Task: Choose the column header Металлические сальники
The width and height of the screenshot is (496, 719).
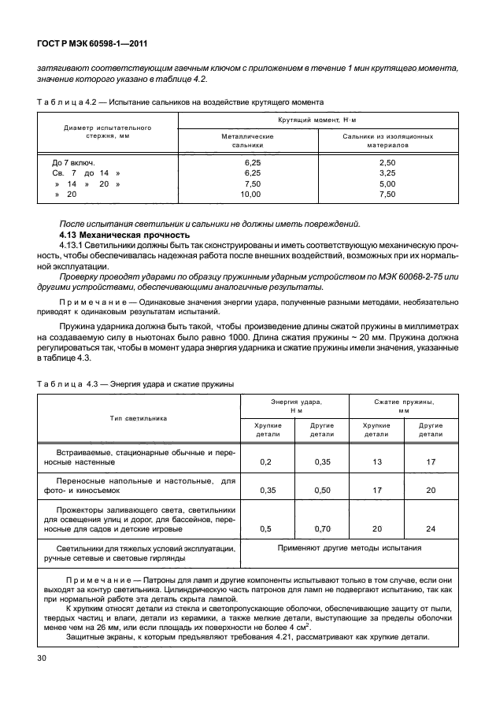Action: (x=248, y=141)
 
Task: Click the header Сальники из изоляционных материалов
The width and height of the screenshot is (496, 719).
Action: (x=387, y=141)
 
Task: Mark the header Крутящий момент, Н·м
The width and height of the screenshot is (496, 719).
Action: (x=317, y=119)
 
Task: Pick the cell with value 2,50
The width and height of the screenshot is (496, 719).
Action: (x=387, y=162)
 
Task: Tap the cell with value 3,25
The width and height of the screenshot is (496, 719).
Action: (x=387, y=172)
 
